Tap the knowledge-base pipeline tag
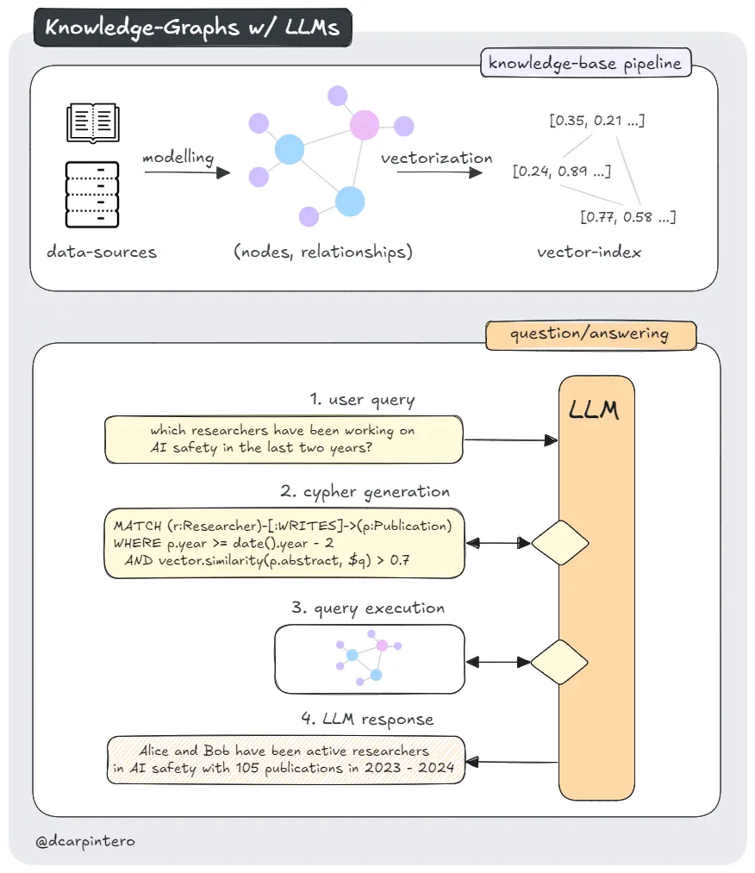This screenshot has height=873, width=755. coord(585,63)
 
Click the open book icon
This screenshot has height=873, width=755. coord(92,122)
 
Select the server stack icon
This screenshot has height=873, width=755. coord(92,194)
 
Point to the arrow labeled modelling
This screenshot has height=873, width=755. coord(186,173)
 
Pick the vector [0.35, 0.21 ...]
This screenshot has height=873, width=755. coord(596,120)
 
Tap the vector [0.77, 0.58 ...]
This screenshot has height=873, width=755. coord(627,216)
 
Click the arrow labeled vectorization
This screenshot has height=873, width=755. coord(439,173)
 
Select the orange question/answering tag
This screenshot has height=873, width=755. coord(590,334)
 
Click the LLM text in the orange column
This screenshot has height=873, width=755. coord(595,410)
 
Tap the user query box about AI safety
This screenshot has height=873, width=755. coord(283,439)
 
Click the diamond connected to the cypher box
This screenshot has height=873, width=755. coord(560,543)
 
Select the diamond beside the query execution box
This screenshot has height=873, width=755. coord(560,662)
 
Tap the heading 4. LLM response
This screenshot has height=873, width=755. coord(367,719)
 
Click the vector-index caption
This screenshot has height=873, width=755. coord(589,253)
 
